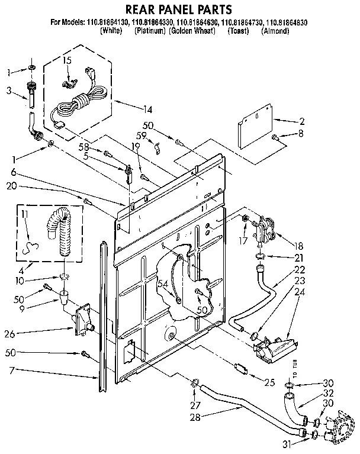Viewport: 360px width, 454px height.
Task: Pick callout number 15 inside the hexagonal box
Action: coord(67,61)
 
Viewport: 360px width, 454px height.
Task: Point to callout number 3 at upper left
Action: coord(9,91)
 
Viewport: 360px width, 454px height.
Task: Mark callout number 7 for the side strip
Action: coord(11,371)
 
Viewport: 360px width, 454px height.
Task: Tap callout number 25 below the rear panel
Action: coord(269,383)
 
